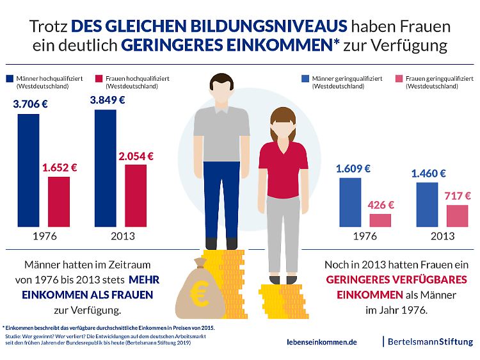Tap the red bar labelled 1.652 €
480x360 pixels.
[x=59, y=202]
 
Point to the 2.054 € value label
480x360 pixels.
[x=136, y=155]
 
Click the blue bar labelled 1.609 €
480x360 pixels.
[x=349, y=202]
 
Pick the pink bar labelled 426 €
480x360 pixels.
[x=380, y=220]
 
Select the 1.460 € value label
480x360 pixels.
[x=429, y=173]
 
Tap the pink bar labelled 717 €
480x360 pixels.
[x=457, y=216]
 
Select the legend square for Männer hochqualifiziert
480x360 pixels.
[x=10, y=79]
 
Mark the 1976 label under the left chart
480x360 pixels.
[x=44, y=236]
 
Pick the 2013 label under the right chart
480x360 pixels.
[x=442, y=236]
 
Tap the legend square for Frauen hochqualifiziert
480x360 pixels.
[x=99, y=79]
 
